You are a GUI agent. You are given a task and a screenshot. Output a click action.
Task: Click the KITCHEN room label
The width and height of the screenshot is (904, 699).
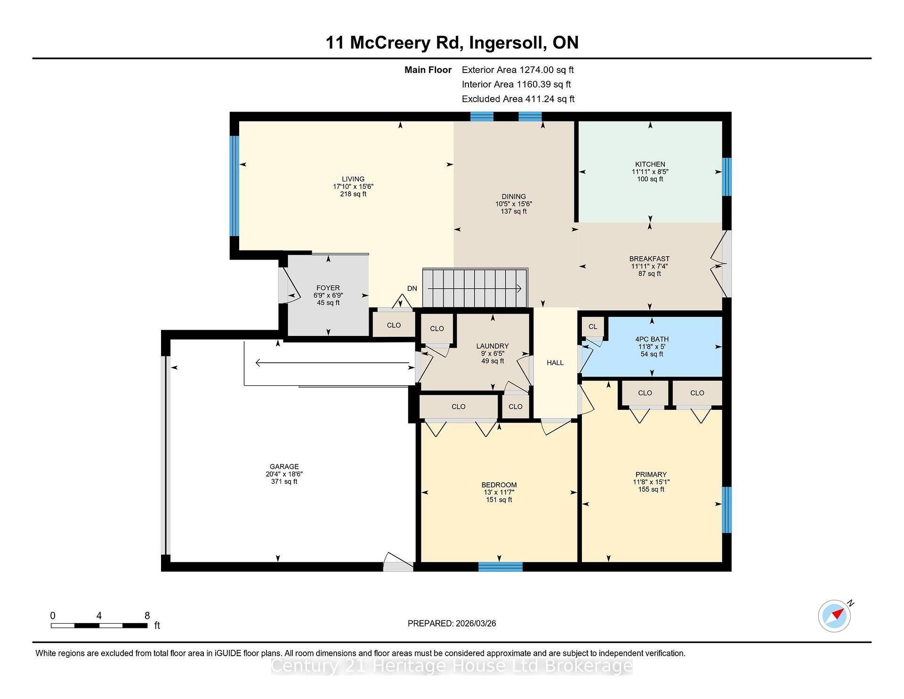click(650, 164)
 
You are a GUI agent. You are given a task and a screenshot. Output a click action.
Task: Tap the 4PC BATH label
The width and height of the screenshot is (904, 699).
click(652, 339)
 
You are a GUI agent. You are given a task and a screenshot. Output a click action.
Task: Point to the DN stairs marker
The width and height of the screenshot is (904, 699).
click(412, 288)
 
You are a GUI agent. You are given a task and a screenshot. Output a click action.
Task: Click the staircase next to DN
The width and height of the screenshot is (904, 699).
click(475, 288)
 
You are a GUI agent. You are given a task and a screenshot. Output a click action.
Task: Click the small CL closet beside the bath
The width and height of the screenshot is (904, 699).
click(592, 326)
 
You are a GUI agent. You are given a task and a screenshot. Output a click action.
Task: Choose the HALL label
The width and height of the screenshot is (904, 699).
click(555, 363)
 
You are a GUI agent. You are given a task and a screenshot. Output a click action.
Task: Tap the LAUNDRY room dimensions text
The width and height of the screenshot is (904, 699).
click(492, 354)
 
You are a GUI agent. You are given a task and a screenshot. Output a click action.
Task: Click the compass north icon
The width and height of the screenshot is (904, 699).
click(834, 616)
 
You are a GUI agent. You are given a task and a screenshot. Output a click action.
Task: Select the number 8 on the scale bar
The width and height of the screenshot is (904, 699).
click(147, 616)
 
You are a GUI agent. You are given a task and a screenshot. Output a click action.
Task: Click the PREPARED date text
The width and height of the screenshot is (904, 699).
click(452, 623)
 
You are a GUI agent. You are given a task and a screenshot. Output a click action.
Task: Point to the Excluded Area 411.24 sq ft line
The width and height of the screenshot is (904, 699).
click(518, 99)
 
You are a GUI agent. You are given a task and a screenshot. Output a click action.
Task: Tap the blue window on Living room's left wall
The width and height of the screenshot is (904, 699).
click(234, 186)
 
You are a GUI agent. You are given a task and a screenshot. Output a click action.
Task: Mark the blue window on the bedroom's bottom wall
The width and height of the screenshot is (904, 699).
click(500, 567)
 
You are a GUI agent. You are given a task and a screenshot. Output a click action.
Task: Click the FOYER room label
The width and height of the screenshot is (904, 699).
click(328, 288)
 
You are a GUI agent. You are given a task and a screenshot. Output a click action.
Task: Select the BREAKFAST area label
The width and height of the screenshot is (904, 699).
click(649, 259)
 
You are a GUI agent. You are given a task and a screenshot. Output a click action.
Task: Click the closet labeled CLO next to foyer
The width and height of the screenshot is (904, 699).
click(394, 325)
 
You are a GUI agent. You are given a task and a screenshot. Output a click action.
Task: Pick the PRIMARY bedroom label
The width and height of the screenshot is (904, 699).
click(651, 474)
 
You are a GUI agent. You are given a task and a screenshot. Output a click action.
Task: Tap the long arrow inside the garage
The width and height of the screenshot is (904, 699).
click(332, 363)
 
